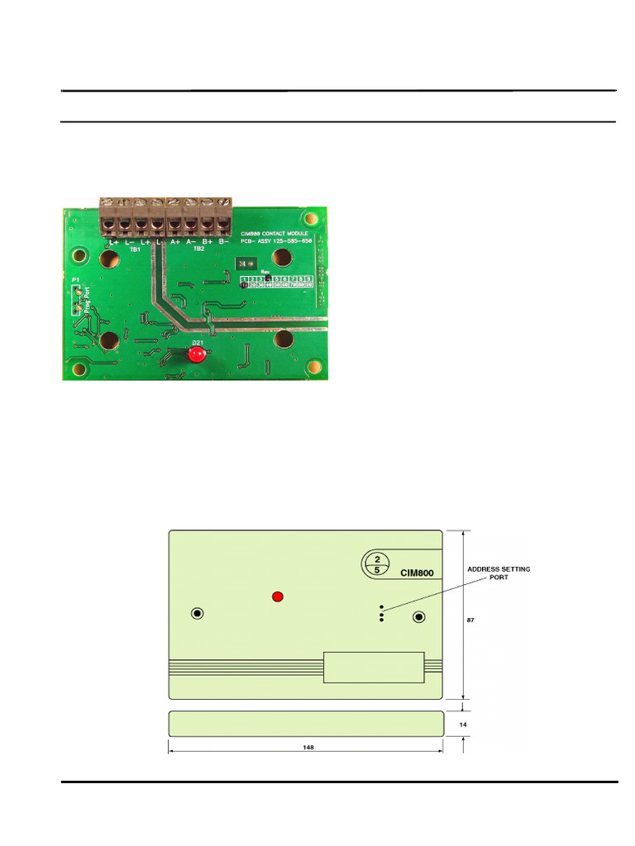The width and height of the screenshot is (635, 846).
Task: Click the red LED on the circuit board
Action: pyautogui.click(x=196, y=355)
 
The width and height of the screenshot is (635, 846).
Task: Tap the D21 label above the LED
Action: pyautogui.click(x=198, y=342)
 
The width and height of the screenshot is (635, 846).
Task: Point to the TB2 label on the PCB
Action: pyautogui.click(x=198, y=249)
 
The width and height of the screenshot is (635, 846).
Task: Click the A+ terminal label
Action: pyautogui.click(x=175, y=242)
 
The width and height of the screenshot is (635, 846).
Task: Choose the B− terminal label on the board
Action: pyautogui.click(x=223, y=242)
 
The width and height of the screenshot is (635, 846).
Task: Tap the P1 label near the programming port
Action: pyautogui.click(x=75, y=282)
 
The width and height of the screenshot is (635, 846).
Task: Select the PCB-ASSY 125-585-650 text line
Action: pyautogui.click(x=278, y=241)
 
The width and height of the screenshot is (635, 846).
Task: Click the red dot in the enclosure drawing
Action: pyautogui.click(x=279, y=596)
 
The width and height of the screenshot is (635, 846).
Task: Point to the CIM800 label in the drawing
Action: pyautogui.click(x=417, y=573)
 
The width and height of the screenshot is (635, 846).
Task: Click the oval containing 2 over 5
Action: pyautogui.click(x=377, y=563)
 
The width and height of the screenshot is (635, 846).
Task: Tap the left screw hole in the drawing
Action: pyautogui.click(x=198, y=613)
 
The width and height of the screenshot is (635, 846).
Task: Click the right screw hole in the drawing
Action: pyautogui.click(x=419, y=617)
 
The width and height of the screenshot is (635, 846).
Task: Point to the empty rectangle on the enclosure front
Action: pyautogui.click(x=374, y=667)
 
